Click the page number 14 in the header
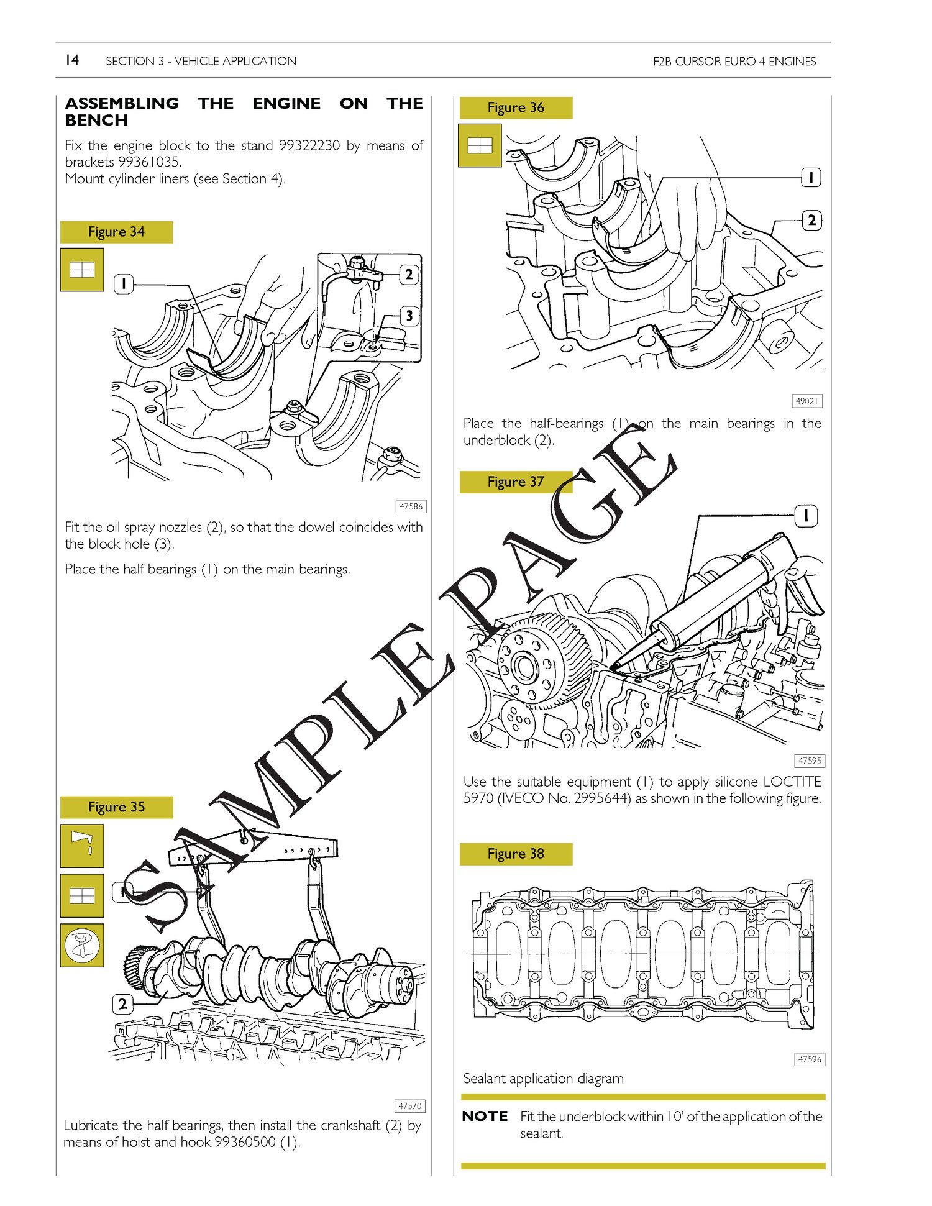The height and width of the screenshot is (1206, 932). click(72, 60)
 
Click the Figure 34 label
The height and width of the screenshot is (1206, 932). click(116, 232)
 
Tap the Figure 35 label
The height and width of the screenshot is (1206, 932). click(116, 807)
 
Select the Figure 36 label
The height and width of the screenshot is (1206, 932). click(516, 107)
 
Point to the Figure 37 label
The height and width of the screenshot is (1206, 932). click(516, 482)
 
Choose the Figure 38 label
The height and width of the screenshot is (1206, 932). click(516, 854)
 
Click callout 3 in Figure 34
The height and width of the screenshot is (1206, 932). click(409, 316)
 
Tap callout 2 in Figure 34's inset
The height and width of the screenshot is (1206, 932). click(409, 274)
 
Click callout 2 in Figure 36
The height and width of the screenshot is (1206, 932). click(811, 220)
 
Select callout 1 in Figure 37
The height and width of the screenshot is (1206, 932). click(806, 516)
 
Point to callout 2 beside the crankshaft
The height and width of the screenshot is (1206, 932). click(122, 1003)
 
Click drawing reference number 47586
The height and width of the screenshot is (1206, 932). click(411, 506)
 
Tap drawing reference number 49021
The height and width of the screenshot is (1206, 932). click(807, 401)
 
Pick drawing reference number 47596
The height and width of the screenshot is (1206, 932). click(810, 1059)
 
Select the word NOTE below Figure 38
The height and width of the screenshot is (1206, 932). click(485, 1116)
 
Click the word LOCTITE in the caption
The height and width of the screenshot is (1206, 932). click(792, 782)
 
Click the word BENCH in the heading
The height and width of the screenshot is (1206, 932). click(96, 120)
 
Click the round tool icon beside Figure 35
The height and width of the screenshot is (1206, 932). click(82, 945)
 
